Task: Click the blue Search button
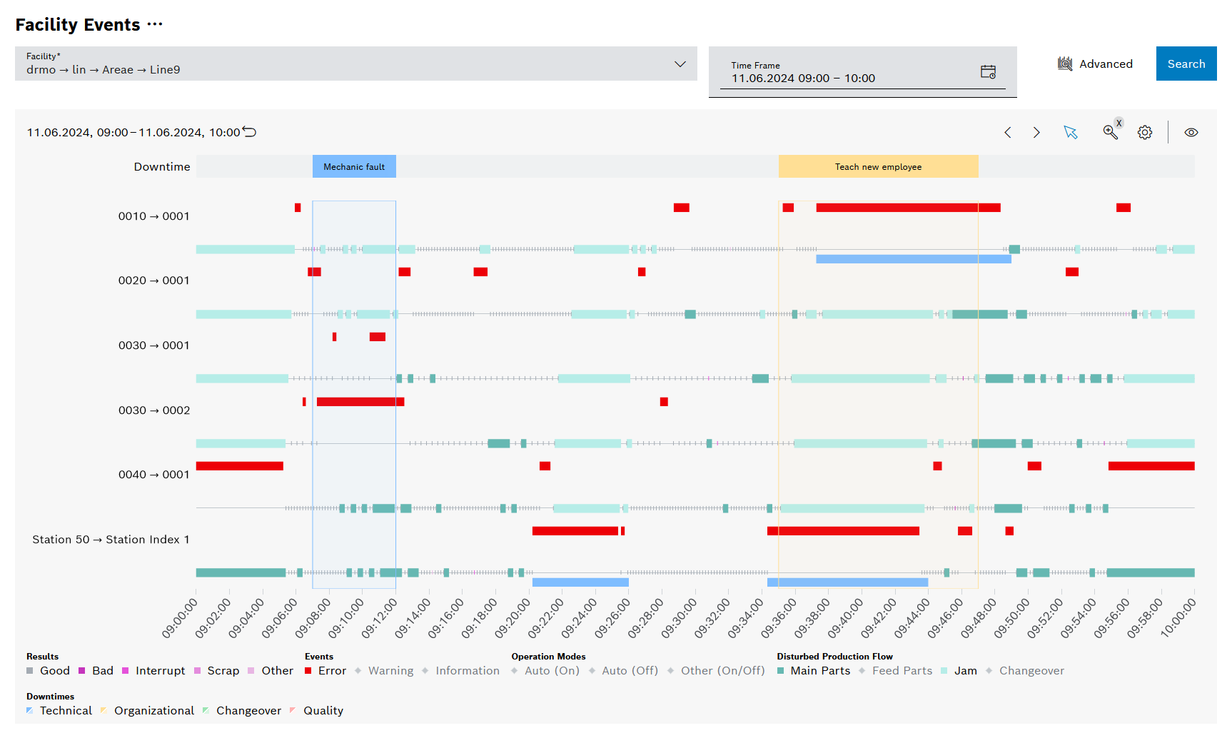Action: [x=1186, y=64]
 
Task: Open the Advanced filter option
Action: [x=1095, y=64]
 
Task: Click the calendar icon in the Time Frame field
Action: [x=988, y=71]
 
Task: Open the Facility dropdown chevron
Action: [x=680, y=64]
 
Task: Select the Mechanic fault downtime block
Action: [x=354, y=166]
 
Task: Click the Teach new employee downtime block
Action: [x=878, y=166]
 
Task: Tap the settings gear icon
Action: [x=1144, y=132]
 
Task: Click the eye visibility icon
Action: [x=1191, y=132]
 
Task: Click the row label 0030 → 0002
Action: [x=154, y=410]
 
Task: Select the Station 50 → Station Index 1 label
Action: [x=111, y=539]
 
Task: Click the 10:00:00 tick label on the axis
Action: [x=1178, y=618]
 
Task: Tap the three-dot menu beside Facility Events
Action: [x=155, y=24]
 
